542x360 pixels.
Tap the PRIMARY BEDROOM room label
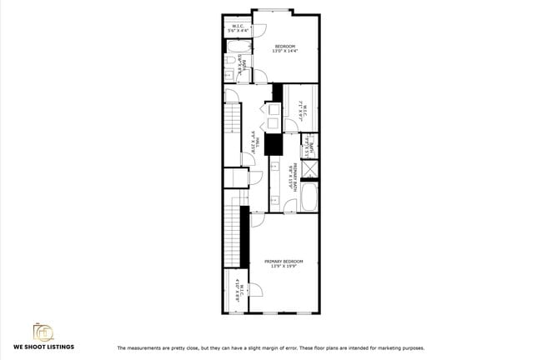tap(284, 264)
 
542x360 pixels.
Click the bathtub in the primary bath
tap(309, 198)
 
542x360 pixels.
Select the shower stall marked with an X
tap(309, 170)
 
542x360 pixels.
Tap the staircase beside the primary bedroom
tap(233, 232)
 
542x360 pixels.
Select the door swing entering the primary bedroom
tap(258, 220)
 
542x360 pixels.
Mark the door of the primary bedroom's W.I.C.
tap(255, 290)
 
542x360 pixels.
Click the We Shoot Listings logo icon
tap(43, 331)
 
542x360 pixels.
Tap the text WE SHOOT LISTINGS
tap(43, 347)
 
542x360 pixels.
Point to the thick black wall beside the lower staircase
tap(245, 237)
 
